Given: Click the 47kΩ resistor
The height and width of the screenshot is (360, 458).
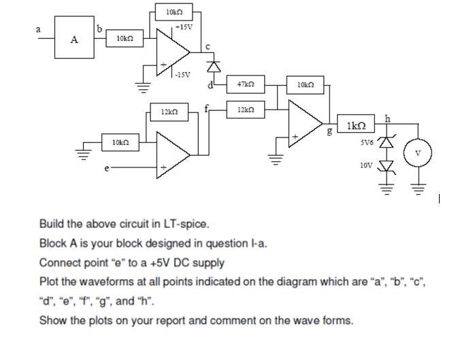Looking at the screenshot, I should pos(246,84).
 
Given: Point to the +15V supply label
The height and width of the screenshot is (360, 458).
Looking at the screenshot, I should pos(184,27).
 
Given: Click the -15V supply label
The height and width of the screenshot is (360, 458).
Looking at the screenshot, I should pos(182,75).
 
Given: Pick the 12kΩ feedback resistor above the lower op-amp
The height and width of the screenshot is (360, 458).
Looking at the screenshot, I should pos(169,110).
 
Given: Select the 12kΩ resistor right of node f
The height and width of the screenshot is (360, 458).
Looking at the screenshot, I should pos(246,110).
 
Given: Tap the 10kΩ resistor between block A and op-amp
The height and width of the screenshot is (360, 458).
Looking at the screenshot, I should pos(124,39).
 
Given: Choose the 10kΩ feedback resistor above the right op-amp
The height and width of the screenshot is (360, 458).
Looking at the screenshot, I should pos(306,84).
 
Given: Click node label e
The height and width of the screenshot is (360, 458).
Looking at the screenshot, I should pos(105,166).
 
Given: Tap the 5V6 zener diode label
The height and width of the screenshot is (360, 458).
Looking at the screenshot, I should pos(370,143).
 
